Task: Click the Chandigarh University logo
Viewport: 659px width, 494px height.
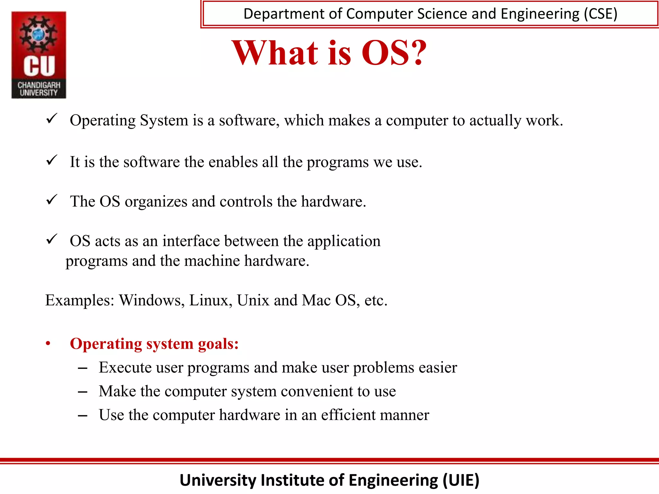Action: tap(39, 55)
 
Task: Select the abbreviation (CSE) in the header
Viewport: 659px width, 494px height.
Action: tap(600, 14)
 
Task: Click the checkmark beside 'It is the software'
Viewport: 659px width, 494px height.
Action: tap(52, 160)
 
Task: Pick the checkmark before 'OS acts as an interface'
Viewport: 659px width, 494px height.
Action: tap(52, 239)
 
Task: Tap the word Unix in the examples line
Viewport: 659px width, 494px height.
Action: tap(253, 300)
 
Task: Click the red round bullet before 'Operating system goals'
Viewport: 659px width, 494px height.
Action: tap(48, 344)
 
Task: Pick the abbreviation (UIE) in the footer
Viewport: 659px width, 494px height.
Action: tap(461, 480)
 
